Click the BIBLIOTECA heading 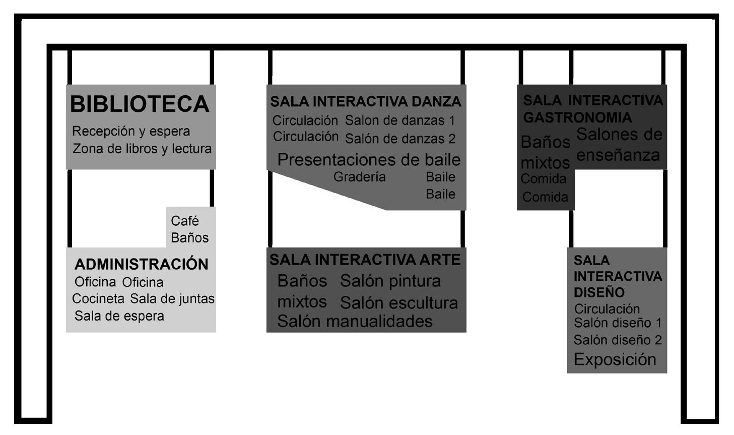click(140, 104)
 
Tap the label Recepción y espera click(131, 132)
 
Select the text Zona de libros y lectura click(142, 149)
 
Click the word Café click(185, 221)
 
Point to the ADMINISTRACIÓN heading click(141, 264)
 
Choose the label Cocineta click(98, 298)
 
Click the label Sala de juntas click(172, 298)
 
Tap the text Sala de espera click(119, 316)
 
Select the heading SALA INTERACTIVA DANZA click(366, 102)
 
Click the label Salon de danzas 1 click(400, 120)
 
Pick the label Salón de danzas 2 click(400, 139)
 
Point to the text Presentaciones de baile click(369, 160)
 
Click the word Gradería click(360, 177)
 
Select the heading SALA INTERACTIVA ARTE click(365, 260)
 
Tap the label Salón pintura click(390, 281)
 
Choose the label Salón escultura click(399, 303)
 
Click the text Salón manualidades click(355, 321)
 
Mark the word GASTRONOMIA click(577, 117)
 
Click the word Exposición click(615, 359)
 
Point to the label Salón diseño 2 click(618, 340)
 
